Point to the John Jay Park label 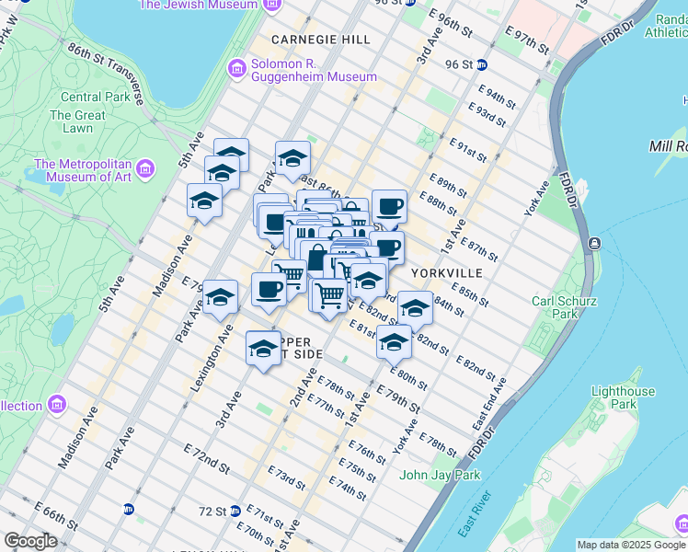tap(440, 476)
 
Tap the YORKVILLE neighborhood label tap(446, 273)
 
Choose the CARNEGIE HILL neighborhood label tap(321, 40)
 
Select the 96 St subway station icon tap(482, 65)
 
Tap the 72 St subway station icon tap(235, 511)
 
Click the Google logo tap(30, 541)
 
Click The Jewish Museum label tap(198, 5)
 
